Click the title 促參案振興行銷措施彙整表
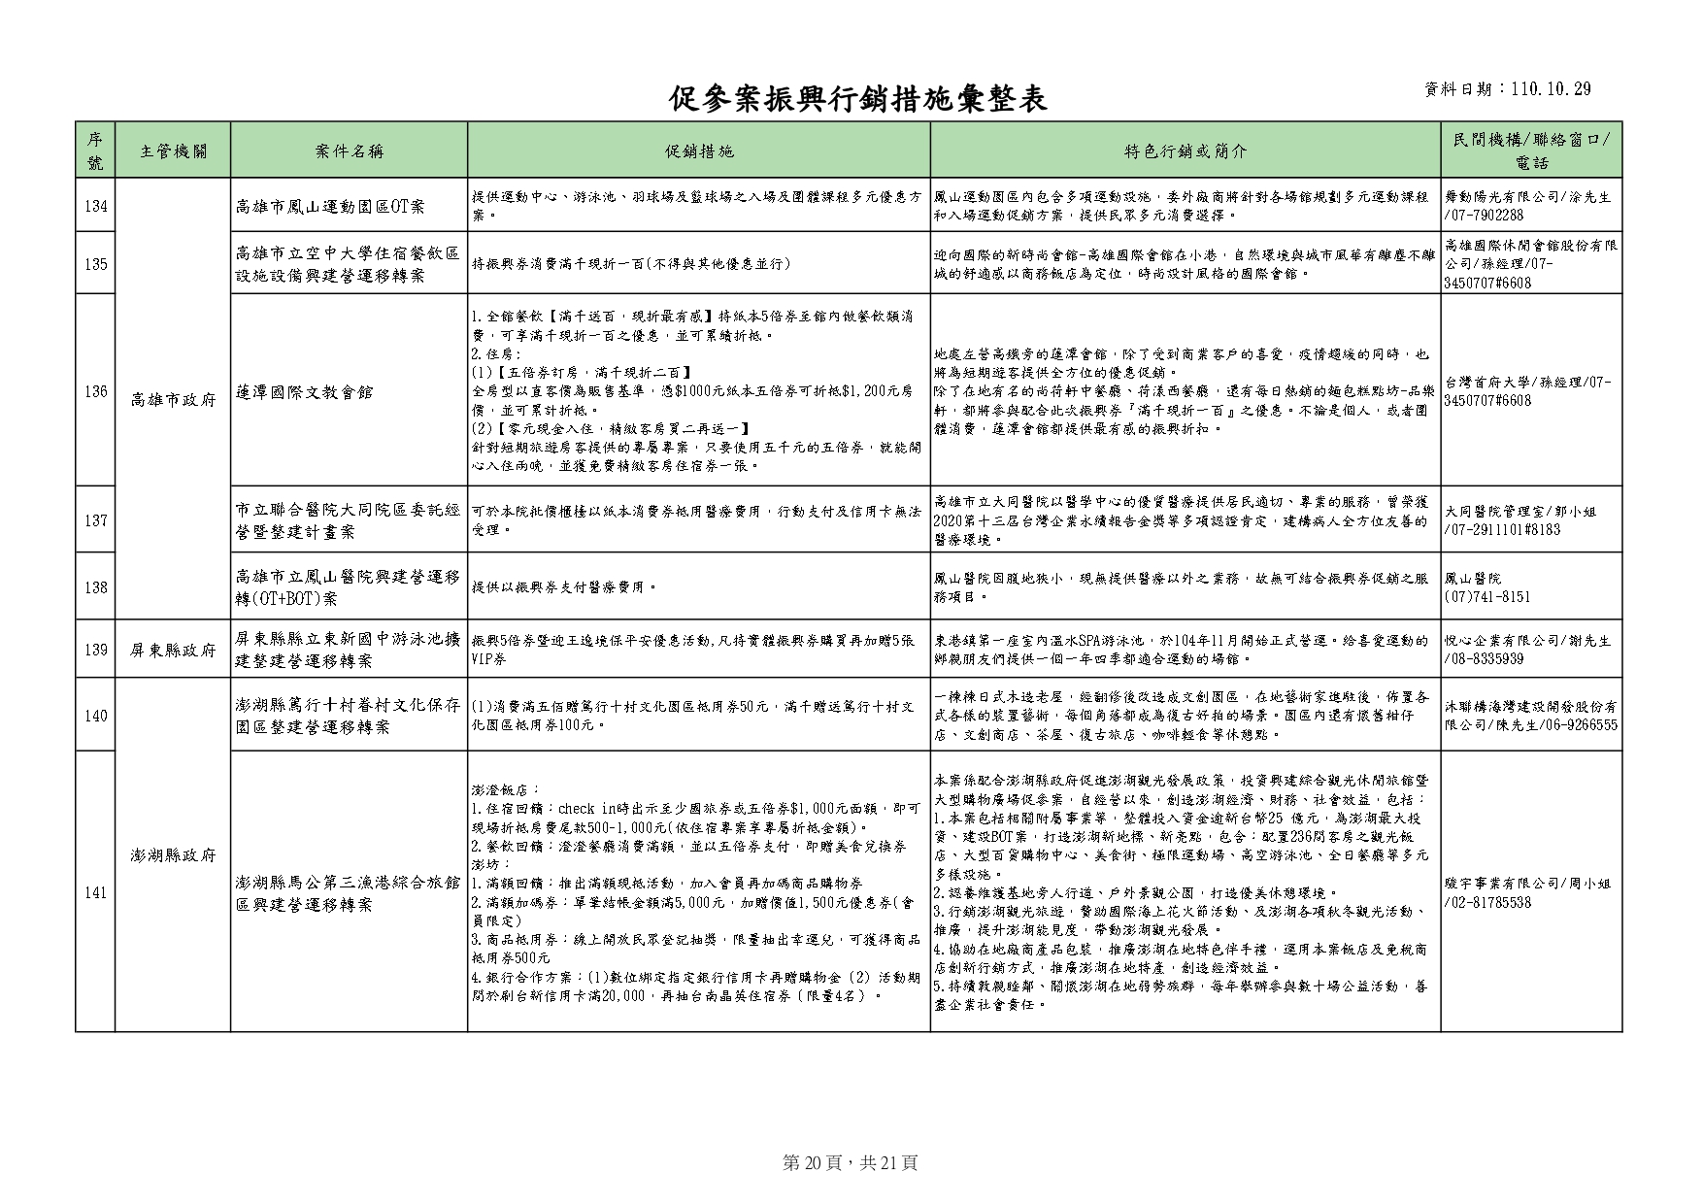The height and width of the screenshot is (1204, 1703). [858, 98]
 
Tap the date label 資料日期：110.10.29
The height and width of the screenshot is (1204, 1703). [1507, 89]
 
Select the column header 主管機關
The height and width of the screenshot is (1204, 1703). [172, 150]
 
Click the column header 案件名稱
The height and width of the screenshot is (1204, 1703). [349, 150]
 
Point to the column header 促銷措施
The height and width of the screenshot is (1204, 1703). [698, 150]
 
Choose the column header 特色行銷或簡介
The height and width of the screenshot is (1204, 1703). [1185, 150]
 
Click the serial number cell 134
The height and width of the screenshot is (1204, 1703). [95, 206]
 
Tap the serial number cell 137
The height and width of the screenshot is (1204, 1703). [95, 520]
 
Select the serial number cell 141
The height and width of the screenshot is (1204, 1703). [95, 892]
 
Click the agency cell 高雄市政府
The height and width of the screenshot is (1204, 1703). [172, 400]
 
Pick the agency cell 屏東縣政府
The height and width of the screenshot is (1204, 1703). [172, 650]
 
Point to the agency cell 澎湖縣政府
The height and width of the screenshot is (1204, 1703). [172, 855]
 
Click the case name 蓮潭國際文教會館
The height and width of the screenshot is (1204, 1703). [305, 392]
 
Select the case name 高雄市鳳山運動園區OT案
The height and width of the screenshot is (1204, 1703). [330, 206]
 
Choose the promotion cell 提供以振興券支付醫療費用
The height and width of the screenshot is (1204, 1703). [564, 587]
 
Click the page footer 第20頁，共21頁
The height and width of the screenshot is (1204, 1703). [850, 1162]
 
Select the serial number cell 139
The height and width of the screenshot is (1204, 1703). [95, 650]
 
